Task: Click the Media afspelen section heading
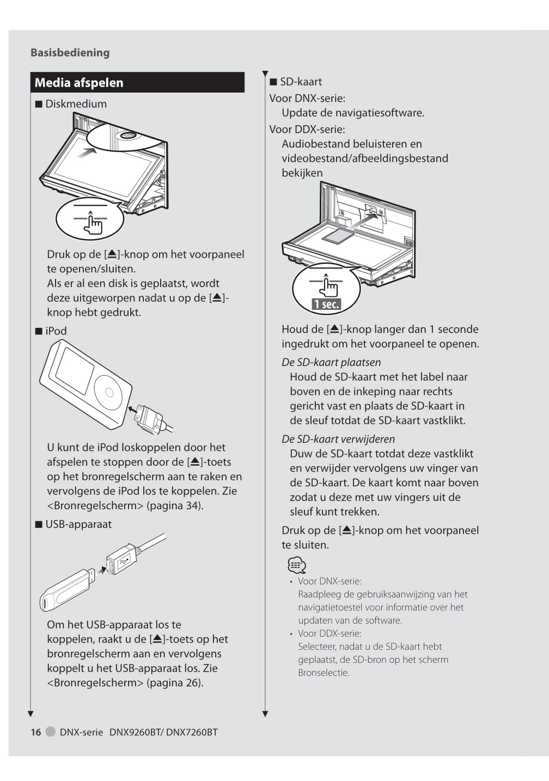[79, 83]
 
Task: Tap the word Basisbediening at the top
[70, 53]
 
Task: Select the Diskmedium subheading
[76, 104]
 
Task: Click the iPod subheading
[56, 331]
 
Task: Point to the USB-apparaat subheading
[78, 524]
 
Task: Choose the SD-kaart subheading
[301, 82]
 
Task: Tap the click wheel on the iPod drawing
[109, 392]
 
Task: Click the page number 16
[36, 733]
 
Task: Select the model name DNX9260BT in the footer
[135, 733]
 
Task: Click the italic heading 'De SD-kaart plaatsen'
[331, 363]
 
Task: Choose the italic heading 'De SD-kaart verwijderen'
[338, 440]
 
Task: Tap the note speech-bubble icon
[296, 565]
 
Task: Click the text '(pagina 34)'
[175, 506]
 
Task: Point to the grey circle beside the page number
[51, 732]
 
